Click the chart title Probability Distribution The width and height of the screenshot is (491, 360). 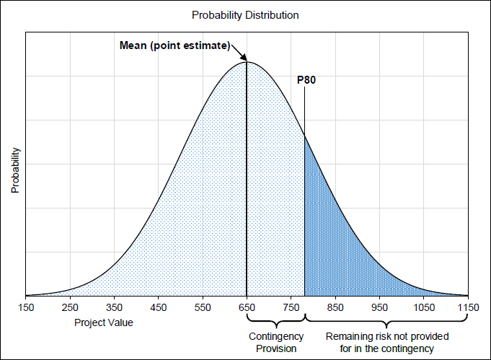[x=245, y=15]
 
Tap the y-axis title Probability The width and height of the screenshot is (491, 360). [x=14, y=171]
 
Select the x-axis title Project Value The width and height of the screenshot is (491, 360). [x=104, y=322]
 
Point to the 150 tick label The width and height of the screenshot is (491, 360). [x=26, y=308]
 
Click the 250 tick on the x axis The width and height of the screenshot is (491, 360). [x=70, y=308]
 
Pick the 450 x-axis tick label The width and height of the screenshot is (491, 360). [x=159, y=308]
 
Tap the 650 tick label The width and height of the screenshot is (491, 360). [x=247, y=308]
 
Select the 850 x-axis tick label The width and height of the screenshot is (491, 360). [x=335, y=308]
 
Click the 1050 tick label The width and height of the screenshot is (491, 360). [x=424, y=308]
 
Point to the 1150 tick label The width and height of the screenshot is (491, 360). [x=468, y=308]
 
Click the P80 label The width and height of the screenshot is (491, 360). [x=306, y=80]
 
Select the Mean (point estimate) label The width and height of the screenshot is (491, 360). [x=174, y=46]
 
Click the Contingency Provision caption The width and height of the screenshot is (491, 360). [x=275, y=343]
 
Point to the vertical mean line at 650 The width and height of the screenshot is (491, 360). [x=247, y=180]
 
